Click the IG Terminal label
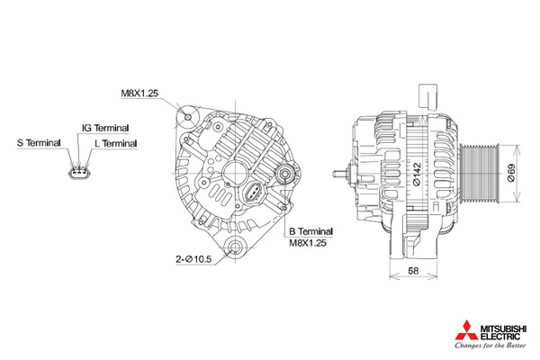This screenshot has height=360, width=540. point(105,128)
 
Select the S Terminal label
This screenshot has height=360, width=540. point(39,143)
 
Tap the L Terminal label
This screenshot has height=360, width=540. point(115,143)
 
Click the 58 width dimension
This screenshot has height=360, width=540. point(412,270)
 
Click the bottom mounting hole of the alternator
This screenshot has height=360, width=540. point(238,249)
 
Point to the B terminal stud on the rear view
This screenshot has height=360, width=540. point(285,175)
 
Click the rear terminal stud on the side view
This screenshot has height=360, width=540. point(340,175)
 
